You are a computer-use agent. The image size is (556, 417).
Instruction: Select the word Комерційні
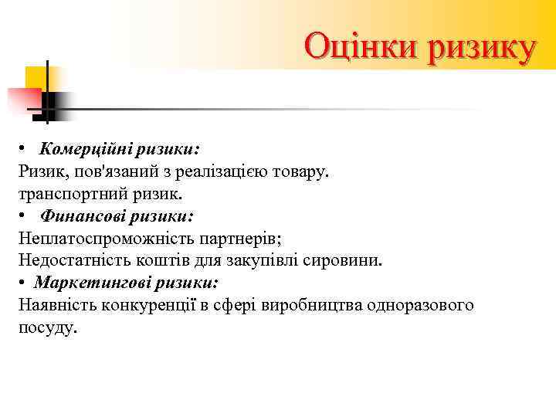82,147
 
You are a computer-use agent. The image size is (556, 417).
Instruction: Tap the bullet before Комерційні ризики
24,148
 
